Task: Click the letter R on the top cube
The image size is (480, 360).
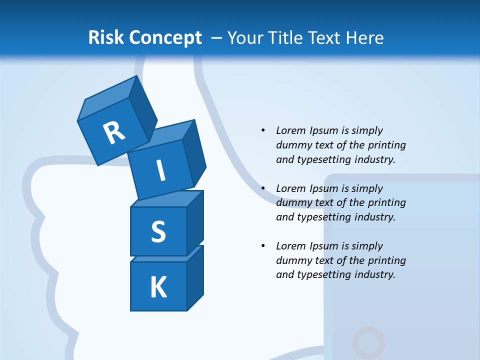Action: [x=114, y=132]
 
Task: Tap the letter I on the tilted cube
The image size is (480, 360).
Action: [x=160, y=170]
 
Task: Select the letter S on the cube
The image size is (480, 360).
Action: [x=158, y=231]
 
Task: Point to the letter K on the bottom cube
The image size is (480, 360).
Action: [x=158, y=287]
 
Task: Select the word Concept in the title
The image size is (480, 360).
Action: [x=165, y=38]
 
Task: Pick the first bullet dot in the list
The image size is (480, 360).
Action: [x=263, y=131]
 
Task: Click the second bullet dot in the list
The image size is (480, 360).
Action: [x=263, y=188]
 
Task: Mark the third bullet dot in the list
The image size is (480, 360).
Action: [x=263, y=246]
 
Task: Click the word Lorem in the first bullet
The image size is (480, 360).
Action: [x=290, y=131]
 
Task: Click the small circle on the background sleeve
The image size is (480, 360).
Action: [x=368, y=343]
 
